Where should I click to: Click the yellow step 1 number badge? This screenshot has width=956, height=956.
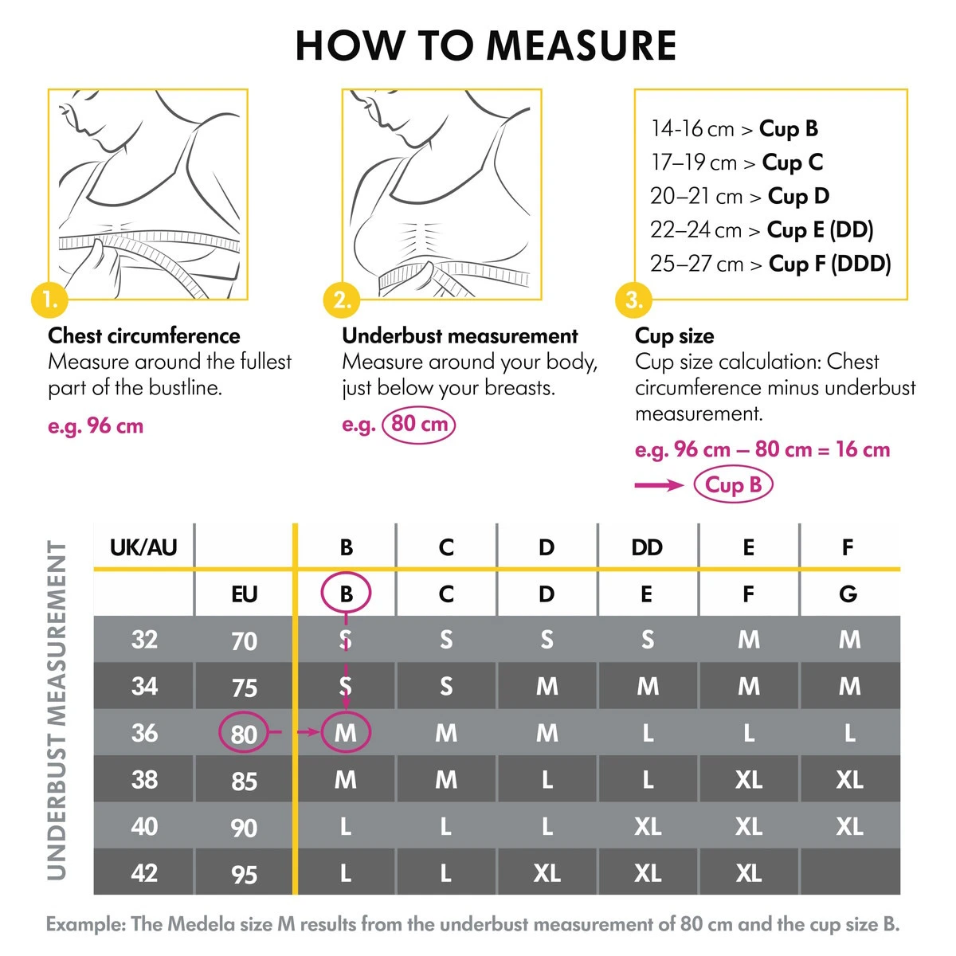(49, 300)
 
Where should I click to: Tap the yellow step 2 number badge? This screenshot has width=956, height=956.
(343, 300)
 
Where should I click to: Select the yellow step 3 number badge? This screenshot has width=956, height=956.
(634, 300)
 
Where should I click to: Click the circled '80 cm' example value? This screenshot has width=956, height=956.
(419, 424)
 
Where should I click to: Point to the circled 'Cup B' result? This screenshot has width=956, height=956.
(733, 484)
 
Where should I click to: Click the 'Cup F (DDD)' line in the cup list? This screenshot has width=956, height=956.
(770, 264)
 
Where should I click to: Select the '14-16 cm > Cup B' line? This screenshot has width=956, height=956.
(734, 128)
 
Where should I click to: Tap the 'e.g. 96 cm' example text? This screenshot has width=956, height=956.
(96, 425)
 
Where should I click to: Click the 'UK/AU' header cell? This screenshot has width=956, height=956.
(143, 547)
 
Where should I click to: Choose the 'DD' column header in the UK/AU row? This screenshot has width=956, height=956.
(647, 547)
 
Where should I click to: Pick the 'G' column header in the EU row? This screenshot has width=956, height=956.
(848, 594)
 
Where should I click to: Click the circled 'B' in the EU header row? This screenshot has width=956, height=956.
(346, 594)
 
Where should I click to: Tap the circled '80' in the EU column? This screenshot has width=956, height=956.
(244, 733)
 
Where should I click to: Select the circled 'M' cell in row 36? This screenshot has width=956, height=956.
(346, 732)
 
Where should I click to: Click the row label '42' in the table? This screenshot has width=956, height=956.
(143, 872)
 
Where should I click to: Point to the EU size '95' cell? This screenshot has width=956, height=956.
(244, 874)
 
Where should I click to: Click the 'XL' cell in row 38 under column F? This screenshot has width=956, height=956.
(849, 779)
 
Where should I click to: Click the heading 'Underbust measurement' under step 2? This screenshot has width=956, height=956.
(460, 335)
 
